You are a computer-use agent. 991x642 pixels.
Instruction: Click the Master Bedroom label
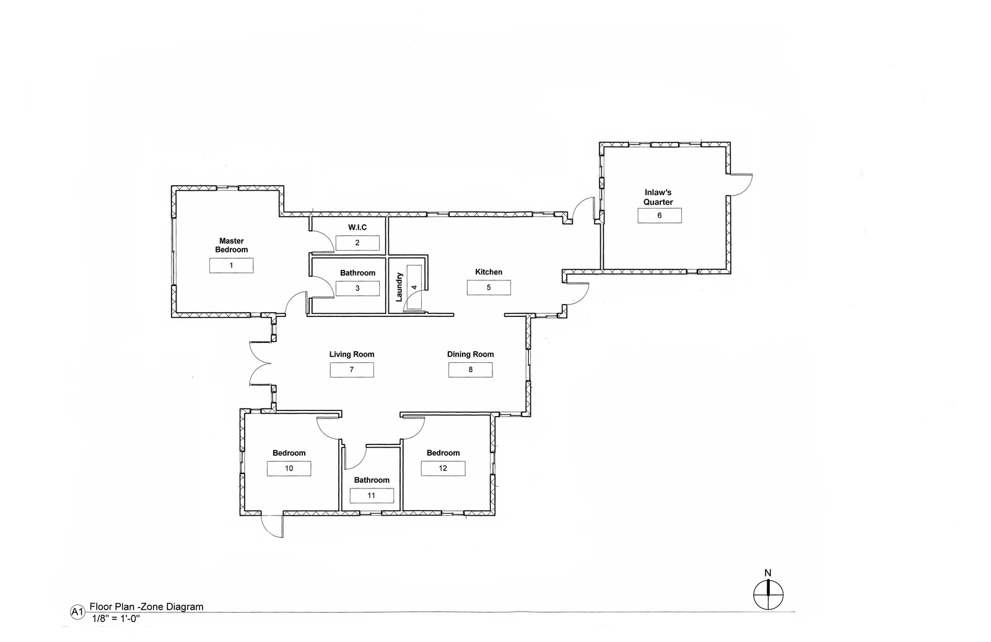pos(232,245)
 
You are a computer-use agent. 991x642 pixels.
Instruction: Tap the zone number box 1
pos(232,266)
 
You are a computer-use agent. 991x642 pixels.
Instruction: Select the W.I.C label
pos(357,227)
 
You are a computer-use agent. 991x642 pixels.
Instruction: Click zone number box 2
pos(357,243)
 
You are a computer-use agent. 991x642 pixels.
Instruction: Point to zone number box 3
pos(357,288)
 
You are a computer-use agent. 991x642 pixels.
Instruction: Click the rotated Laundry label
pos(399,287)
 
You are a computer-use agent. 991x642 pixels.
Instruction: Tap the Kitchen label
pos(489,272)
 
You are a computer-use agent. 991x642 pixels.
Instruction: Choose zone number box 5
pos(489,287)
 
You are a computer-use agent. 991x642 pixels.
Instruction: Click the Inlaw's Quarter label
pos(658,197)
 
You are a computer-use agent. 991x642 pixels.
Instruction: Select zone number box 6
pos(660,216)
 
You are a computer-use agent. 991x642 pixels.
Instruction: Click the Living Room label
pos(352,354)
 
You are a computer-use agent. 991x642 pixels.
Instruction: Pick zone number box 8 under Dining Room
pos(471,370)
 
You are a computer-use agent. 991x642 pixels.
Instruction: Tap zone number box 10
pos(289,468)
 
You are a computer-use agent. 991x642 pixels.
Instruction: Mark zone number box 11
pos(372,496)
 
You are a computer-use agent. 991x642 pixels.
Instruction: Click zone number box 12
pos(443,468)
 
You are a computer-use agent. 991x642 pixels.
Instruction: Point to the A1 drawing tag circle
pos(77,612)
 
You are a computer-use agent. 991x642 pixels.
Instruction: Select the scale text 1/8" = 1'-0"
pos(116,618)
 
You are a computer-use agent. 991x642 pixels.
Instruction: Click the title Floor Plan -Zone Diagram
pos(146,607)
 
